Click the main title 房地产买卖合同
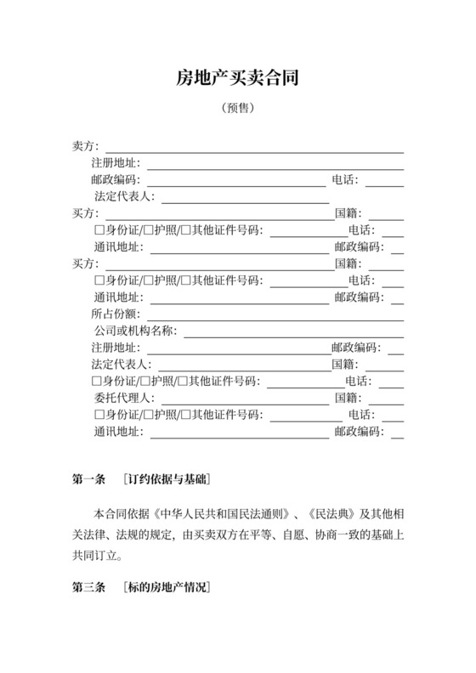point(237,80)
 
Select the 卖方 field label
point(86,147)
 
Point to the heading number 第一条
point(88,479)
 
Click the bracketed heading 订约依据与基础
point(167,479)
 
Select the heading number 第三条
point(88,587)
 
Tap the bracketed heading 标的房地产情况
point(167,587)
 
